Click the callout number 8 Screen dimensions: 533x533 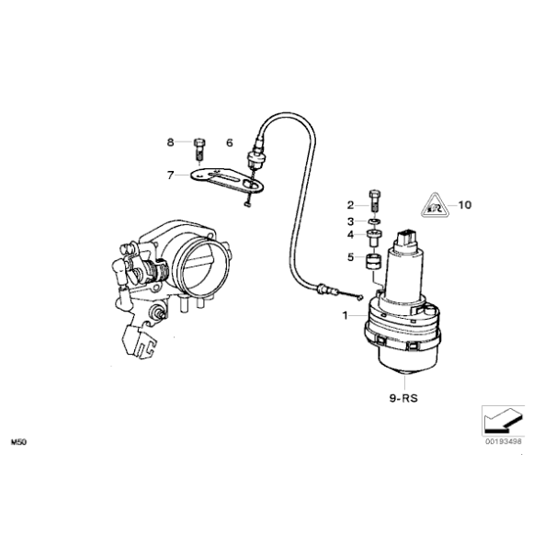pos(169,142)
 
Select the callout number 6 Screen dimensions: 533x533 pos(230,142)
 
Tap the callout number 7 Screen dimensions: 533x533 pos(169,174)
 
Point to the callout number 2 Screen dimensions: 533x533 pos(350,204)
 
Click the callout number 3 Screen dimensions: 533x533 pos(350,221)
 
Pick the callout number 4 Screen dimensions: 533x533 pos(350,236)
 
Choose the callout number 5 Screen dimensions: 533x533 pos(350,257)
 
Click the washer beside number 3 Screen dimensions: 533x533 pos(374,221)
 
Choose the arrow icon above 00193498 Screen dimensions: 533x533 pos(503,419)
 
